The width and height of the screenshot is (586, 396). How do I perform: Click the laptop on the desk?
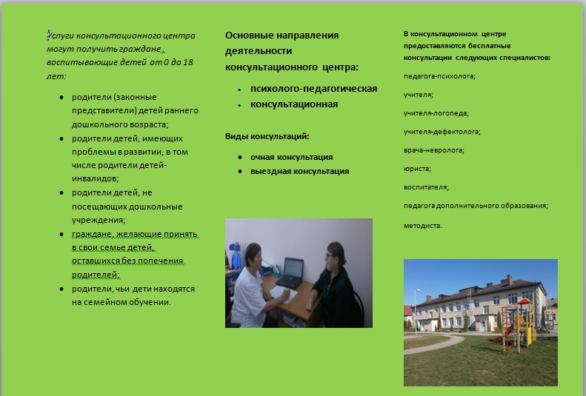(x=290, y=273)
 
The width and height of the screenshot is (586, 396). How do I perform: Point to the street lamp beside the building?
(x=416, y=312)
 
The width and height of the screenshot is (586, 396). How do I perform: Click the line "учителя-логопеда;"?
(x=436, y=113)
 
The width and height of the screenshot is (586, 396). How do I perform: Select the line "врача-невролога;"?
(x=434, y=150)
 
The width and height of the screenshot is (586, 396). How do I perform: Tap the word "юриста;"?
(x=417, y=169)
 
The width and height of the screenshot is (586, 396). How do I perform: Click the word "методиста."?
(x=423, y=226)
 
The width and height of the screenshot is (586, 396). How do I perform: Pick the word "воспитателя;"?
(x=426, y=187)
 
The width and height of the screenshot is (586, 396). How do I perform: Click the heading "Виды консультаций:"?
(x=267, y=136)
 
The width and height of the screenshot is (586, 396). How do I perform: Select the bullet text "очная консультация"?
(x=291, y=157)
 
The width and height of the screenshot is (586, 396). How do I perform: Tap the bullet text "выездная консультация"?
(x=300, y=171)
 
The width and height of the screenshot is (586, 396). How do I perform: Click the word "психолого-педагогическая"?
(x=313, y=89)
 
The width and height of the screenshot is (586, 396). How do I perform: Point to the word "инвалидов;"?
(x=96, y=178)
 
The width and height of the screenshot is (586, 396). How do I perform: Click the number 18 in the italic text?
(x=188, y=62)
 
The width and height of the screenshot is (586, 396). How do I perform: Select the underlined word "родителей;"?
(x=96, y=275)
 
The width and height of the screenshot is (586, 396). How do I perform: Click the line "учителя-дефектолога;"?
(x=442, y=132)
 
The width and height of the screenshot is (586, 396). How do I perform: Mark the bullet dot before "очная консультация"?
(x=240, y=158)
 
